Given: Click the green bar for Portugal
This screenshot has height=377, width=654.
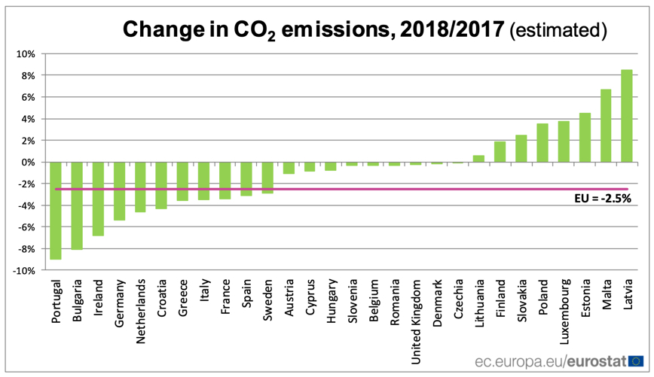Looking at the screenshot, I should [x=56, y=211].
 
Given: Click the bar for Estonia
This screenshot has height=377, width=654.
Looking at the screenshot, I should [x=584, y=138].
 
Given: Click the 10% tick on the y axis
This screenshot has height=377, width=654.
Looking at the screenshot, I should [x=26, y=54].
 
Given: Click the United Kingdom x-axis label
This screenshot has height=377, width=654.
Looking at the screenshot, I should [x=417, y=312].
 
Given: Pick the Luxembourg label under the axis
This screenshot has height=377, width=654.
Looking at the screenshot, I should [x=564, y=308].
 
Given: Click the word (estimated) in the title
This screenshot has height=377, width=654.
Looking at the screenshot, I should [x=558, y=29].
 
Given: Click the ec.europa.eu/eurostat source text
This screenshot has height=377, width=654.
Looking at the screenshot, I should [x=550, y=362].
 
